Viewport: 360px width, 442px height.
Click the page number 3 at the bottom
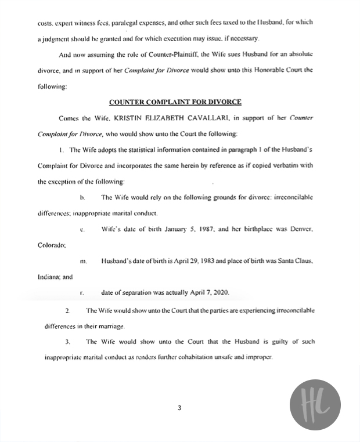(179, 408)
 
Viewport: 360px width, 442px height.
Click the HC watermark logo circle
(315, 405)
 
